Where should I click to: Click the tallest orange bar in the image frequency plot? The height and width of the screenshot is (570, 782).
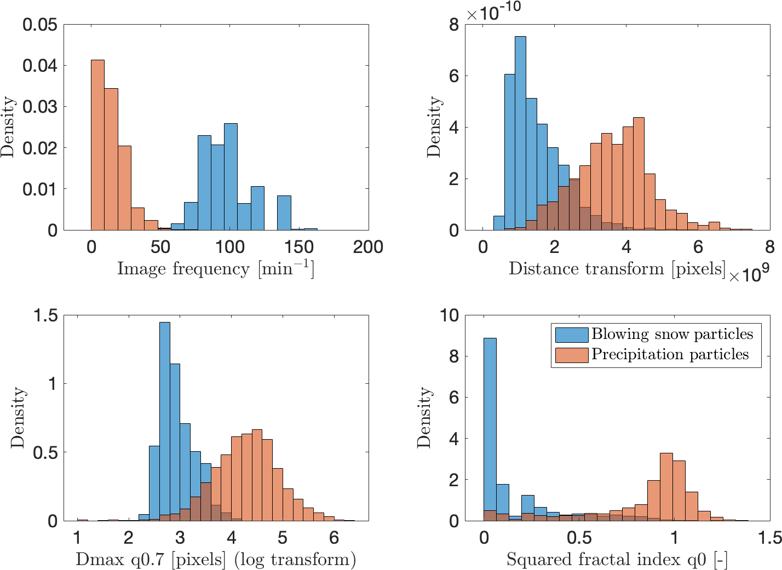pos(97,145)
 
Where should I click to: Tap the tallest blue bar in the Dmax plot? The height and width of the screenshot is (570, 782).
pos(165,421)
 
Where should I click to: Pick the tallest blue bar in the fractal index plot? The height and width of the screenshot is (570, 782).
pos(490,429)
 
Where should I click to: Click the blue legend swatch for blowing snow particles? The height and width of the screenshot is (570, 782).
pos(571,335)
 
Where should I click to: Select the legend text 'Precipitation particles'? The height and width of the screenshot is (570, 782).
pos(670,354)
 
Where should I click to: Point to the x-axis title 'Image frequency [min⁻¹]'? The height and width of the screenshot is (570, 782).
pos(215,268)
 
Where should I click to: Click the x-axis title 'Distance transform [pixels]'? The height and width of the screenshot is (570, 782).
pos(617,268)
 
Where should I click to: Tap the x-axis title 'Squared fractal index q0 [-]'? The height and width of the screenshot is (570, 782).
pos(617,560)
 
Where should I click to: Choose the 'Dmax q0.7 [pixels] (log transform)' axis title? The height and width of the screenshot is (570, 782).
pos(216,560)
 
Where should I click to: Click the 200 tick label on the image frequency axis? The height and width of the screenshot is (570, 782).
pos(368,247)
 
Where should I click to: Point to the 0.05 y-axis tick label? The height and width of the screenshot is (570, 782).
pos(40,25)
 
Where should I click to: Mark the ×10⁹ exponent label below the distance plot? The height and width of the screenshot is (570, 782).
pos(749,273)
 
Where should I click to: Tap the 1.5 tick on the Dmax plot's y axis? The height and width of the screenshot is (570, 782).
pos(45,315)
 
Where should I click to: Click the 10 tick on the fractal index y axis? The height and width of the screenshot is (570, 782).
pos(450,315)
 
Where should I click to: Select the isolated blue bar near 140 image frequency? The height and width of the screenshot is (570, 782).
pos(284,212)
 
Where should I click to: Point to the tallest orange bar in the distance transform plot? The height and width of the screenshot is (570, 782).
pos(638,174)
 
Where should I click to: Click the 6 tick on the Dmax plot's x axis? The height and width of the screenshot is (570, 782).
pos(334,538)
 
